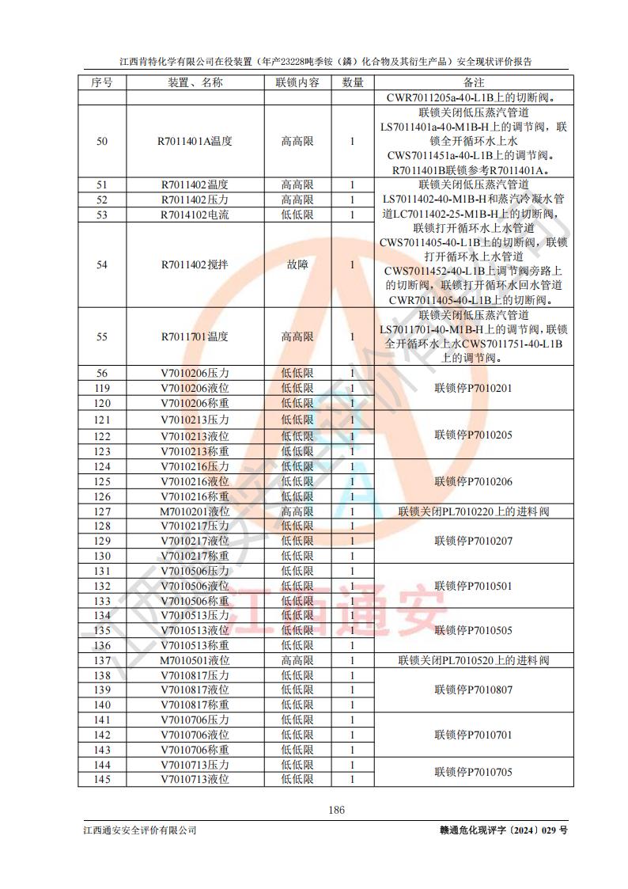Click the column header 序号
(x=101, y=82)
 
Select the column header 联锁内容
(x=297, y=82)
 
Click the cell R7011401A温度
(x=195, y=142)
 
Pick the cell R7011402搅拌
(x=195, y=264)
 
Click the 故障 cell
(x=297, y=264)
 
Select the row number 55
(x=101, y=336)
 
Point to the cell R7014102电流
(x=195, y=215)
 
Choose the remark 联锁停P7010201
(x=473, y=389)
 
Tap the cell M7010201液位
(x=195, y=511)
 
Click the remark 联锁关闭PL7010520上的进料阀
(x=473, y=659)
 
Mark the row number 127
(x=101, y=511)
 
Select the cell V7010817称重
(x=195, y=705)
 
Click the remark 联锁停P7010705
(x=473, y=772)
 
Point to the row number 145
(x=101, y=780)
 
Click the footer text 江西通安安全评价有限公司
(x=139, y=830)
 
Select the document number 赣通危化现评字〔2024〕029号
(x=493, y=830)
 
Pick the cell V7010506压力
(x=195, y=571)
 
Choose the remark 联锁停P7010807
(x=473, y=690)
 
